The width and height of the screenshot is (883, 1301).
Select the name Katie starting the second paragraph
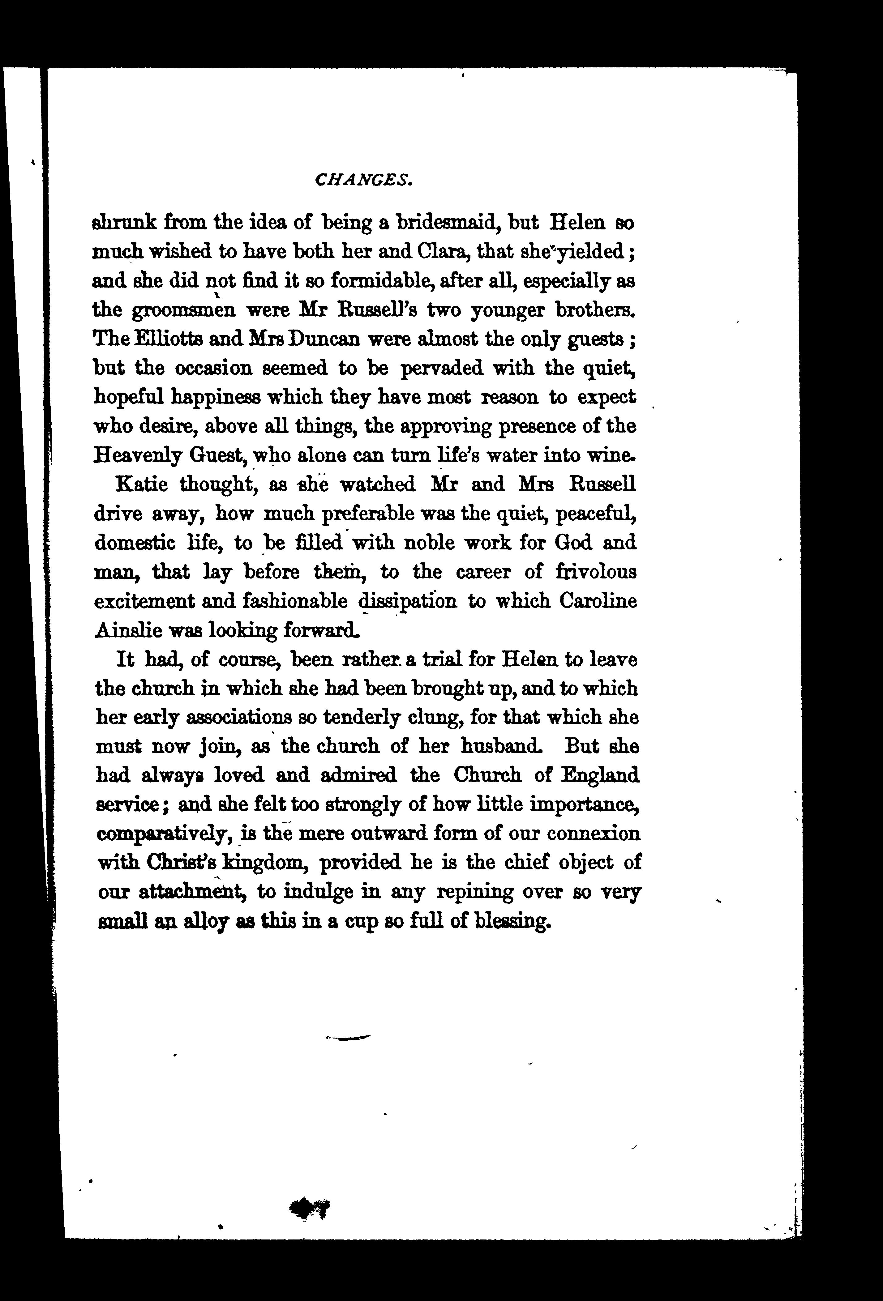click(x=140, y=484)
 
